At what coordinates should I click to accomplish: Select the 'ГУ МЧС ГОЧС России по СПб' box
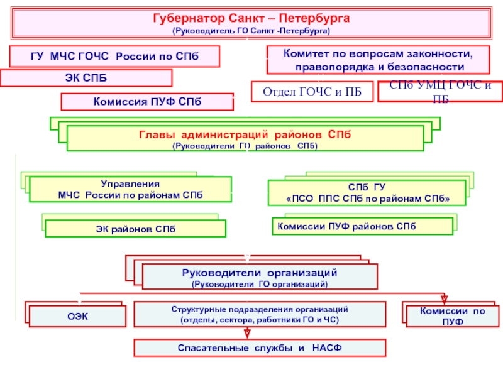tap(114, 57)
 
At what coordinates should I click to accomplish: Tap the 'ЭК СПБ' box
tap(86, 78)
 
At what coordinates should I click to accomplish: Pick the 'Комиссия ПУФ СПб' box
tap(146, 102)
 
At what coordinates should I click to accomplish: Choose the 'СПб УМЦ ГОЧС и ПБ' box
tap(440, 92)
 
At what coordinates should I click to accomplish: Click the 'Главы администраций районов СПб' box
tap(245, 139)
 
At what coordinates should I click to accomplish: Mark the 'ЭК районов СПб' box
tap(135, 228)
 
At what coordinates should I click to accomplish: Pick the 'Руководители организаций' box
tap(260, 277)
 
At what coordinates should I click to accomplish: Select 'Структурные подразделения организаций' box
tap(260, 315)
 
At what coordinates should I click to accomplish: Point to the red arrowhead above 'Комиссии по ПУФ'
tap(444, 298)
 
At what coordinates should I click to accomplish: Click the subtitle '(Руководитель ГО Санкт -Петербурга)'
tap(251, 30)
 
